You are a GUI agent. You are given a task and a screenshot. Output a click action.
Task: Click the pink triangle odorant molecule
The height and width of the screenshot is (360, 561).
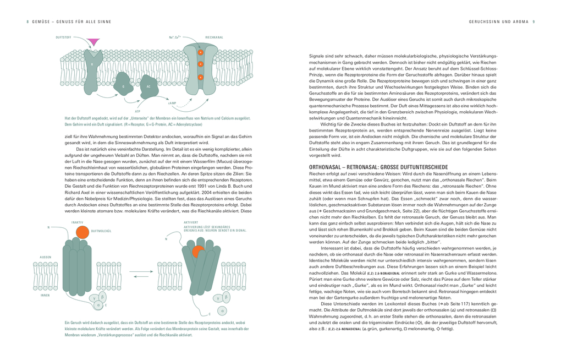[94, 41]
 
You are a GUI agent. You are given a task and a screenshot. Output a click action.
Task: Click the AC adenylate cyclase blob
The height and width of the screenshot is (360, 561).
[148, 86]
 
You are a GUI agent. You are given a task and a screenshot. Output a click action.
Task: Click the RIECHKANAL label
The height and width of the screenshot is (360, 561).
[214, 37]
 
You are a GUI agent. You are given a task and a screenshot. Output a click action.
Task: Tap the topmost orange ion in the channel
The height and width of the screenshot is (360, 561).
[201, 53]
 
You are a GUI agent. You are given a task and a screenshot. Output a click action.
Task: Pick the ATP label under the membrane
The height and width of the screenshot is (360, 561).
[137, 111]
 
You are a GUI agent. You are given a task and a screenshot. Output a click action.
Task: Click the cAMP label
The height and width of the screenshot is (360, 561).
[172, 103]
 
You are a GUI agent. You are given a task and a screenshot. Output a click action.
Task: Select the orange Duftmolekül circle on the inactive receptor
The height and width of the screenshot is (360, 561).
[82, 232]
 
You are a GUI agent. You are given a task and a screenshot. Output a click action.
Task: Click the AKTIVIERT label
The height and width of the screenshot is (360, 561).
[191, 222]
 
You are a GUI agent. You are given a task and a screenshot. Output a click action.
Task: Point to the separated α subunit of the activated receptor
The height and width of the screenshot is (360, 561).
[222, 310]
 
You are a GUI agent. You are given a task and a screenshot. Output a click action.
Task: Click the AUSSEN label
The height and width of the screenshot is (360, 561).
[46, 257]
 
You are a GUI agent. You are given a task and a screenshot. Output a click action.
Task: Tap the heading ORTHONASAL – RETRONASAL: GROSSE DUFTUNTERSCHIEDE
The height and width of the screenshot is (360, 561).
[378, 167]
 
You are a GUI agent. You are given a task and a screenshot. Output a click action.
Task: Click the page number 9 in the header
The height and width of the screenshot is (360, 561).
[534, 22]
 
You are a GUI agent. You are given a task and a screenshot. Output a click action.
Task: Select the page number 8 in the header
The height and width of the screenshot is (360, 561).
[28, 22]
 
